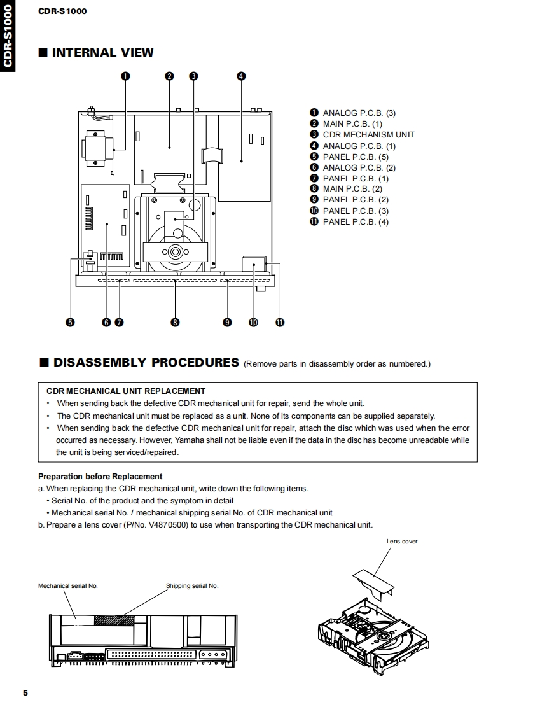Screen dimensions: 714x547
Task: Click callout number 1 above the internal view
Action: (125, 76)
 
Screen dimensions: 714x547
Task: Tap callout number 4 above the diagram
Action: (241, 76)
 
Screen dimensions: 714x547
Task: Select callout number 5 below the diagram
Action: (70, 322)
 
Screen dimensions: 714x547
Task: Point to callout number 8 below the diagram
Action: (175, 322)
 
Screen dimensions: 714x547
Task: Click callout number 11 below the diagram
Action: (279, 322)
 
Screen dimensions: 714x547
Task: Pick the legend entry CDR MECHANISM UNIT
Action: (368, 135)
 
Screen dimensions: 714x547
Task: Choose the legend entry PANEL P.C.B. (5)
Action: (356, 157)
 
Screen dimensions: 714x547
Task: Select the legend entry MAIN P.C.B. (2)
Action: (352, 189)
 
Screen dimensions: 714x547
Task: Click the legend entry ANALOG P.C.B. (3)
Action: (359, 113)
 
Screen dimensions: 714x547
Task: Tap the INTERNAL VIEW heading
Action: (102, 53)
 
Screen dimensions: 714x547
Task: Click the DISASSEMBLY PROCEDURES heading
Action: (146, 363)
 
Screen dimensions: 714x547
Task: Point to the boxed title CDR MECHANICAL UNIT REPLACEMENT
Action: (126, 391)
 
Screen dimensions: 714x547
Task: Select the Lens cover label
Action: (402, 542)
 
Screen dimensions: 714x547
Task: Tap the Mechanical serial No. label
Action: (68, 585)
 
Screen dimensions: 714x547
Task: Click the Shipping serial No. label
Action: (192, 585)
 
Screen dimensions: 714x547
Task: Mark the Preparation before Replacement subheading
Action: (100, 476)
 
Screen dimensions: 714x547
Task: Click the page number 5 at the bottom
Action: (25, 693)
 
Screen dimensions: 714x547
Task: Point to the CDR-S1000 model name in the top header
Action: (62, 11)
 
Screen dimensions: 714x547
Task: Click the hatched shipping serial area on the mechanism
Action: (114, 619)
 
